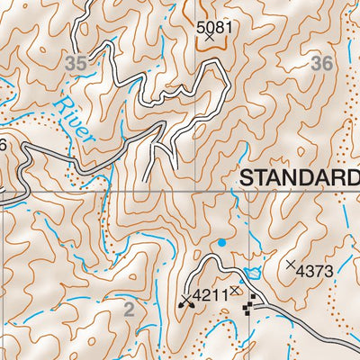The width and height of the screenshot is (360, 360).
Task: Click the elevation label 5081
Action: pyautogui.click(x=214, y=27)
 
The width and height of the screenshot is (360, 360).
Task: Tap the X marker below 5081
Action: pyautogui.click(x=210, y=38)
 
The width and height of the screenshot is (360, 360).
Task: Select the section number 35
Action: pyautogui.click(x=77, y=63)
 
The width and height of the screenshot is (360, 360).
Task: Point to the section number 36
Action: pyautogui.click(x=321, y=63)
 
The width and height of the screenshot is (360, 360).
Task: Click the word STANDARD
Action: pyautogui.click(x=299, y=179)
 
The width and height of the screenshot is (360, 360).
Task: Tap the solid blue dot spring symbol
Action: pyautogui.click(x=221, y=242)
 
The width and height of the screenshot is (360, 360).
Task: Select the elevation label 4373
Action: pyautogui.click(x=314, y=268)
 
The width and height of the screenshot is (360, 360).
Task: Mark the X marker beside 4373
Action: pyautogui.click(x=290, y=265)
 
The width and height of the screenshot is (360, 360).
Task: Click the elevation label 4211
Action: pyautogui.click(x=209, y=293)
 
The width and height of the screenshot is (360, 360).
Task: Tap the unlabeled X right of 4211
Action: pyautogui.click(x=235, y=291)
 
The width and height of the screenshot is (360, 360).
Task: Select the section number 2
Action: pyautogui.click(x=129, y=310)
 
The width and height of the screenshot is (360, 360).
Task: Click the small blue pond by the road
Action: pyautogui.click(x=252, y=272)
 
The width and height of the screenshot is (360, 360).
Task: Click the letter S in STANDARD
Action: pyautogui.click(x=247, y=179)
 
